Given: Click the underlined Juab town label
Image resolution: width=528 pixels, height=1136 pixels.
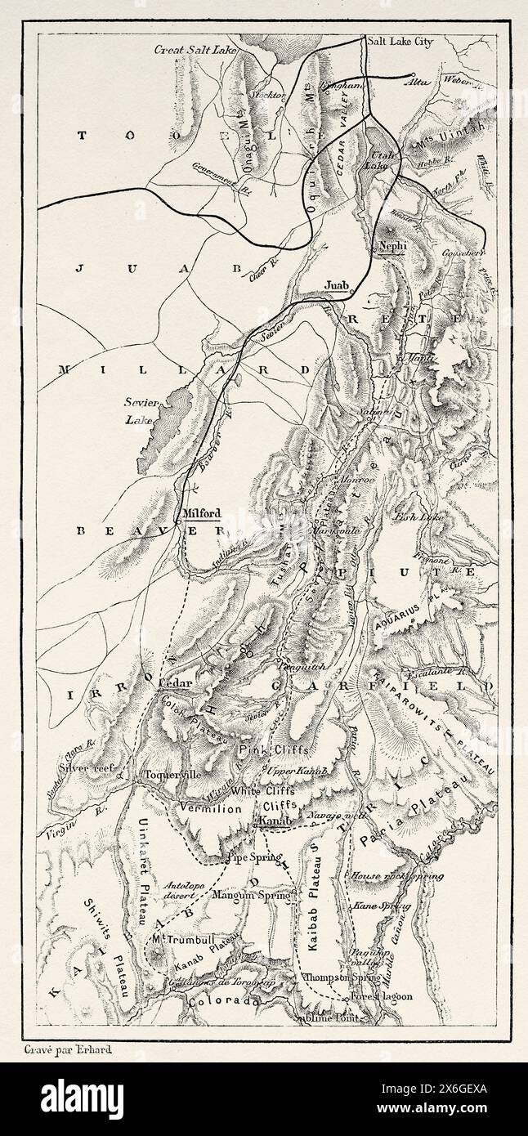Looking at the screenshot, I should tap(336, 284).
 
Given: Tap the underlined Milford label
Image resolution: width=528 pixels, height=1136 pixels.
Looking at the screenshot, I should tap(200, 514).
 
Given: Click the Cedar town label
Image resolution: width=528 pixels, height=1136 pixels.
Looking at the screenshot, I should tap(173, 683).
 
